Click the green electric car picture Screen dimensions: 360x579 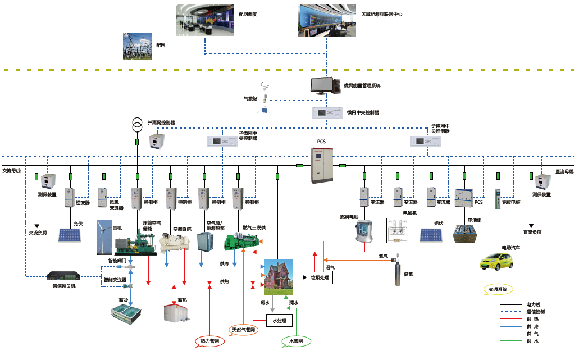tap(497, 262)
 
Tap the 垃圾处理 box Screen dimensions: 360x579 tap(320, 277)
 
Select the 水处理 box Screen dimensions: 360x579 tap(279, 321)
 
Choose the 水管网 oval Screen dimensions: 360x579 tap(295, 341)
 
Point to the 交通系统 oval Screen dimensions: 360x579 tap(498, 289)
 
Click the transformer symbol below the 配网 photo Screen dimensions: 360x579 tap(136, 124)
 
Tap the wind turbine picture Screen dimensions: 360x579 tap(103, 236)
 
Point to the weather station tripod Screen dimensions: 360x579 tap(263, 99)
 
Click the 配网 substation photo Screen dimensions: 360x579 tap(137, 47)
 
